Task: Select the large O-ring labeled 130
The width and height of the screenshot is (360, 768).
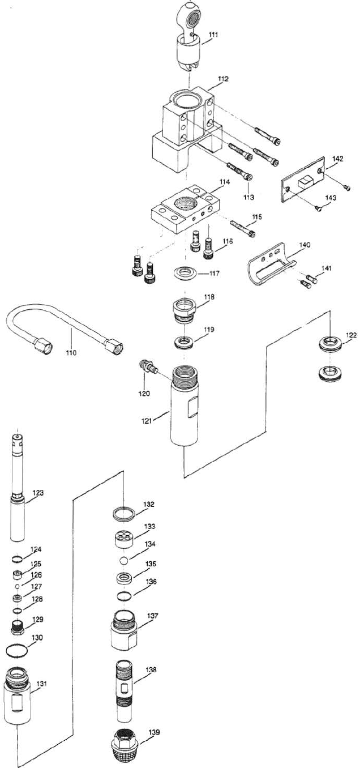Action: [x=17, y=651]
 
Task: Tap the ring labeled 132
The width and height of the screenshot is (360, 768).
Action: [x=123, y=514]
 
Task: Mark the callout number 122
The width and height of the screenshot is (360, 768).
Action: [x=352, y=335]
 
